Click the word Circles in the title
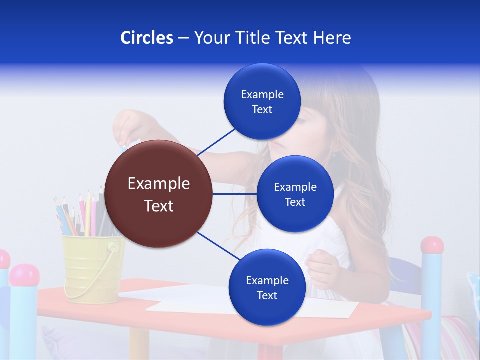click(146, 38)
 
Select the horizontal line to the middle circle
click(234, 194)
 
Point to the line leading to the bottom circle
click(218, 247)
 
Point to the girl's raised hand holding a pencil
click(127, 127)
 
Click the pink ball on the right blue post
click(432, 245)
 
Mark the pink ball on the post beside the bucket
click(24, 275)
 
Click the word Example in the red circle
click(159, 184)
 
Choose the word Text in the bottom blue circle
click(267, 296)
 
